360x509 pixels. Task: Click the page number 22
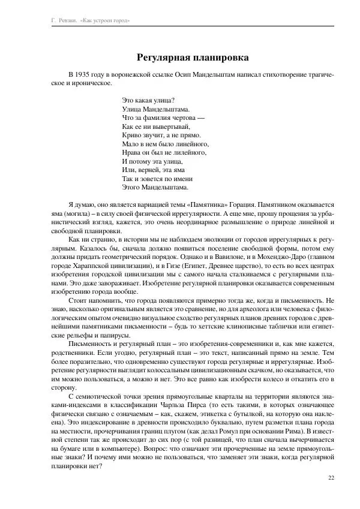click(331, 477)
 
